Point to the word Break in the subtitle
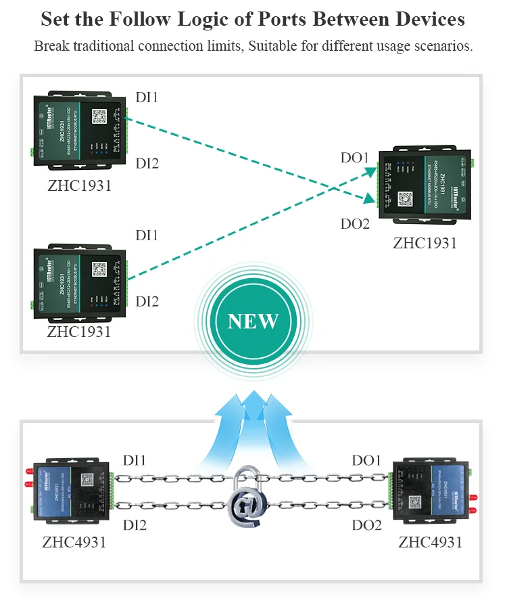tap(51, 47)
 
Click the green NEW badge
tap(253, 320)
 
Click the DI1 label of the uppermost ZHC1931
tap(147, 97)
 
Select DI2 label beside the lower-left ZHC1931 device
tap(147, 301)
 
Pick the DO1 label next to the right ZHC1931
tap(355, 158)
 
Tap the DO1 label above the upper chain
tap(366, 460)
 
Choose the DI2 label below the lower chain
tap(135, 525)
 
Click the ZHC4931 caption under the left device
tap(74, 542)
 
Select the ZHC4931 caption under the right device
tap(431, 542)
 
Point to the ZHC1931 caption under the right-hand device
tap(425, 243)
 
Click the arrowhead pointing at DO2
tap(370, 199)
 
